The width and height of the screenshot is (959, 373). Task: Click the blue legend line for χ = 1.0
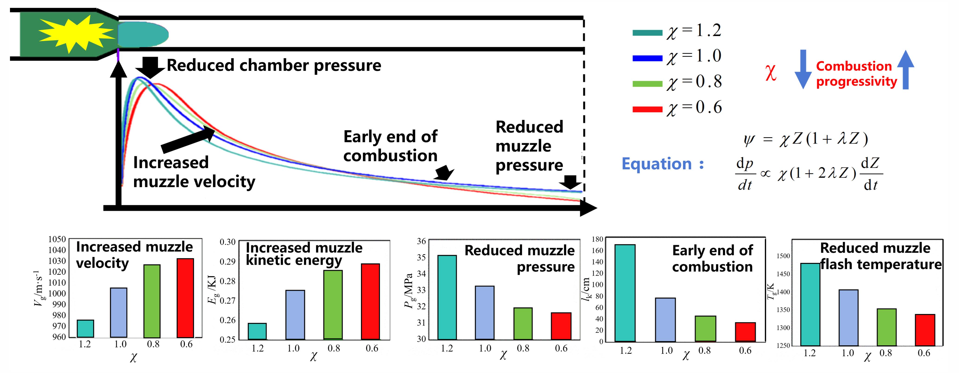pos(647,58)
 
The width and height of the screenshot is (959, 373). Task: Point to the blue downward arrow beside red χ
pos(803,69)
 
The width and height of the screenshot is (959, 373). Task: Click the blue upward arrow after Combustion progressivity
pos(905,70)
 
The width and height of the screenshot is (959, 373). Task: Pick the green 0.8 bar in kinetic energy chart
pos(333,304)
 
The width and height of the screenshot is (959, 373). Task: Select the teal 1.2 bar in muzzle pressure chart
pos(447,297)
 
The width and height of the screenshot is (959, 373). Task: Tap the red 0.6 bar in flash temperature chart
pos(925,330)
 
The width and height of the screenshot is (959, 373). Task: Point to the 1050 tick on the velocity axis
pos(57,239)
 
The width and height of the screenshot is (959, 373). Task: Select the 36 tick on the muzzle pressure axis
pos(421,241)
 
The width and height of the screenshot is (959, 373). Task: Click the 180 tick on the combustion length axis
pos(597,239)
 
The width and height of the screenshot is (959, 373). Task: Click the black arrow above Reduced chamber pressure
pos(150,67)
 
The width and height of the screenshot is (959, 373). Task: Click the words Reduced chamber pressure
pos(274,65)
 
